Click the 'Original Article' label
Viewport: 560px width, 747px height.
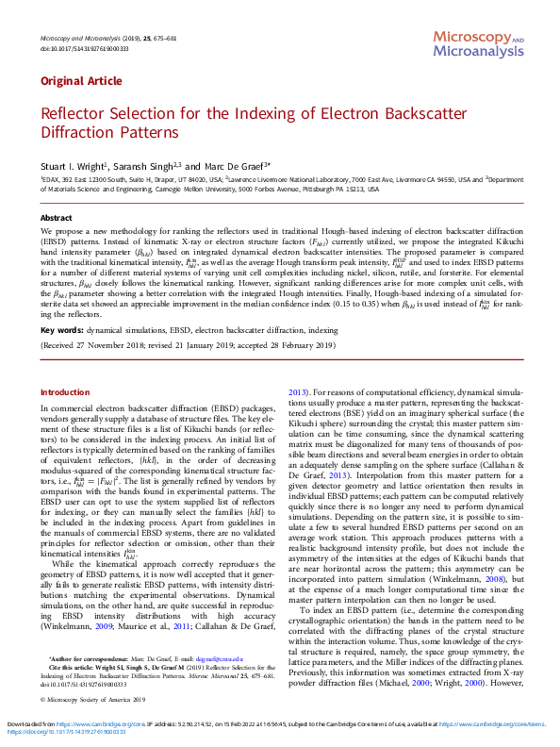73,81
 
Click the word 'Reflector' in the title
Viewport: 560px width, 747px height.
74,114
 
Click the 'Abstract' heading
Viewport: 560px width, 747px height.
56,218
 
